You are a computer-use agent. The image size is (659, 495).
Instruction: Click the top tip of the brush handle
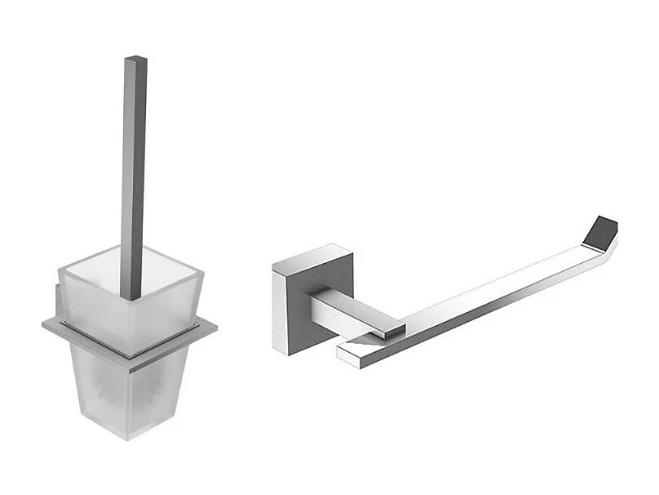(x=136, y=59)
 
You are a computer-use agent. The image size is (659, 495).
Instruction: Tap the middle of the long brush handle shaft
(x=134, y=172)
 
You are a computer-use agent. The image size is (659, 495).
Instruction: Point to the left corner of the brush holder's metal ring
(x=44, y=324)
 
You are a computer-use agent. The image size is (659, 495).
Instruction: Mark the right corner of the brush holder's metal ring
(x=215, y=328)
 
